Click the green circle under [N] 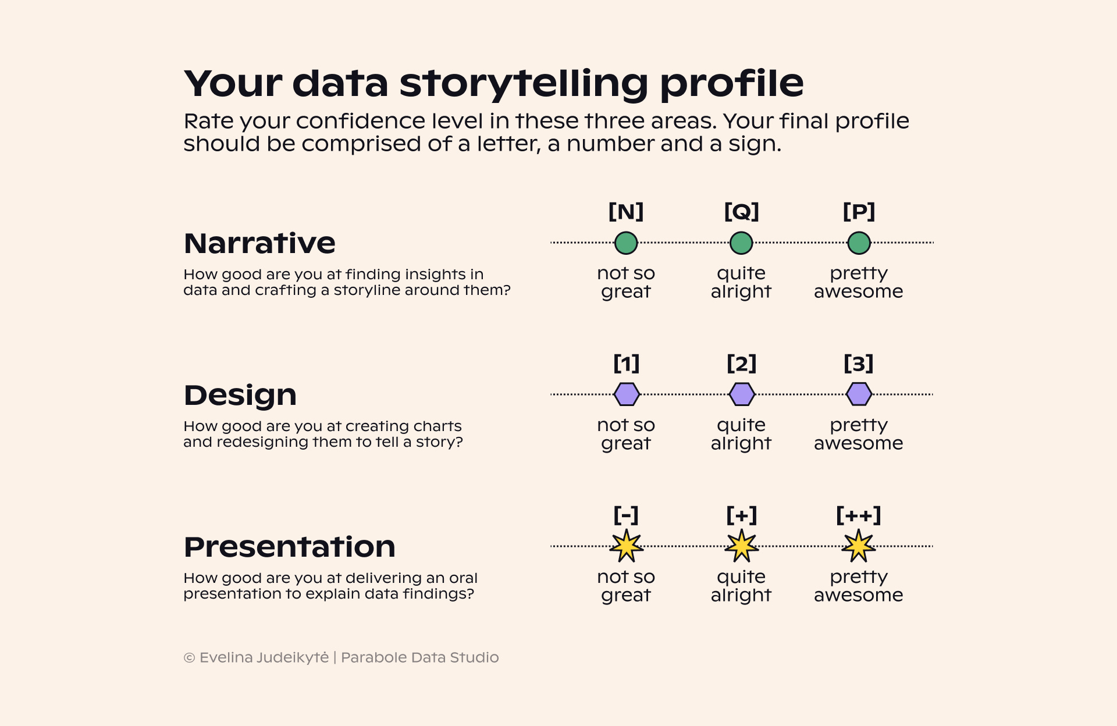(x=626, y=243)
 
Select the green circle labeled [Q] (x=741, y=243)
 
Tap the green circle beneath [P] (x=859, y=243)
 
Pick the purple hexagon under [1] (x=627, y=394)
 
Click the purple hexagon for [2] (x=742, y=394)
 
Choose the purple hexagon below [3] (x=859, y=394)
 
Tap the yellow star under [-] (x=626, y=546)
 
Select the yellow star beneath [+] (x=742, y=546)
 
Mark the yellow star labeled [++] (x=859, y=546)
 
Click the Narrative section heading (x=259, y=243)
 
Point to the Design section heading (x=240, y=395)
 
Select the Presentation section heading (x=289, y=547)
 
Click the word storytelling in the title (x=524, y=83)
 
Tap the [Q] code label (x=741, y=211)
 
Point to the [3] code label (x=859, y=364)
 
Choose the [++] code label (x=859, y=515)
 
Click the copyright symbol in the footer (x=189, y=658)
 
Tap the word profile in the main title (x=731, y=83)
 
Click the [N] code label (x=626, y=211)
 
